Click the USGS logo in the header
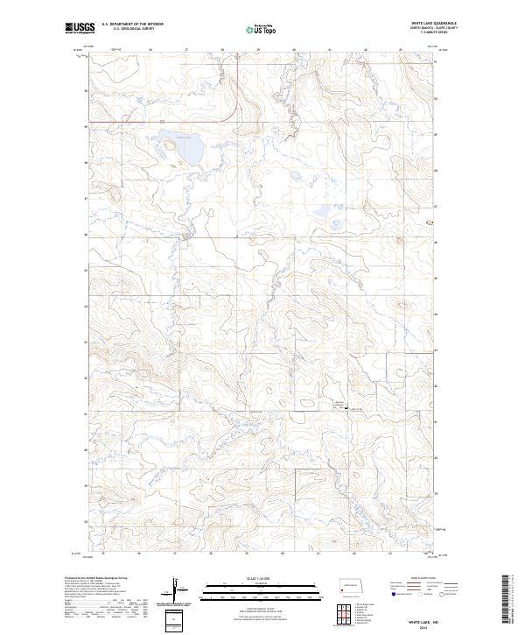(80, 29)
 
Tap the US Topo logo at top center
(262, 29)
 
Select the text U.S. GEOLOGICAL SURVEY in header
(127, 30)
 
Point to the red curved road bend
(228, 115)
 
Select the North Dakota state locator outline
(352, 585)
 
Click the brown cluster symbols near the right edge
(429, 222)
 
